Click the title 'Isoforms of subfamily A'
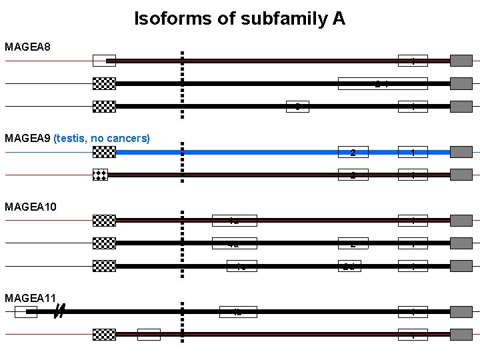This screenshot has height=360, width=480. (239, 19)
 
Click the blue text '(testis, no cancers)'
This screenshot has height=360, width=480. (102, 139)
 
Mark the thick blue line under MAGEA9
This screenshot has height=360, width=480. (267, 152)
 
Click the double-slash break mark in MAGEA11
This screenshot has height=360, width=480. (59, 311)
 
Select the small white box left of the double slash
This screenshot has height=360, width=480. (25, 311)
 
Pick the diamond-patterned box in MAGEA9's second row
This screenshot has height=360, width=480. (100, 175)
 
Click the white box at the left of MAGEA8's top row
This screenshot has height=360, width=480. (103, 61)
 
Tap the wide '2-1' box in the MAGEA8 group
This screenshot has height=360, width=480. (382, 83)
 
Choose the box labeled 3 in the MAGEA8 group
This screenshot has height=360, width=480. (297, 106)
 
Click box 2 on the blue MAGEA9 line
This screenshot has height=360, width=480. (353, 152)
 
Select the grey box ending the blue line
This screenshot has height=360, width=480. (461, 152)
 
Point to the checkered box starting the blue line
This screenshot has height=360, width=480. (104, 152)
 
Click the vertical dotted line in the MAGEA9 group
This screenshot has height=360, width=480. (182, 164)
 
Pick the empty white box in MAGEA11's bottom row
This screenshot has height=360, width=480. (149, 334)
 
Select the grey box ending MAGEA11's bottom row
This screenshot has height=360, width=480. (461, 334)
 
